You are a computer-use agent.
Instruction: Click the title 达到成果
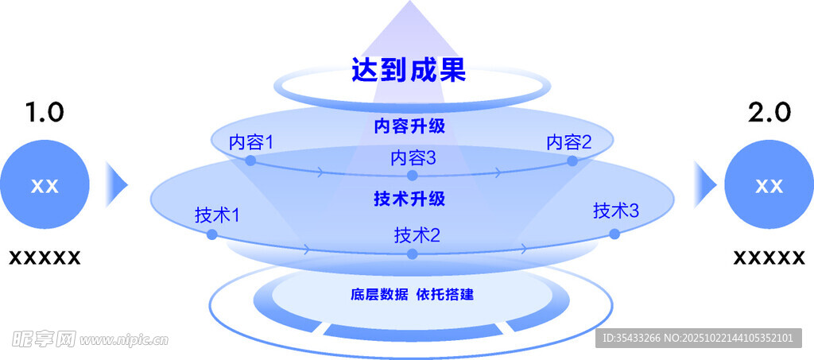pos(409,71)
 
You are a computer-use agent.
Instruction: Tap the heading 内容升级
pos(409,126)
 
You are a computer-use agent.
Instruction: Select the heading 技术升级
pos(409,199)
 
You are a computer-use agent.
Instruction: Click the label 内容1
pos(251,142)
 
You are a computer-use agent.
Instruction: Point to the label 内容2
pos(569,142)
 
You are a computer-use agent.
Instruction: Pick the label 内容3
pos(413,158)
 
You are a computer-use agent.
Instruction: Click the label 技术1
pos(217,215)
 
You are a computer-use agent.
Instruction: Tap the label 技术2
pos(417,234)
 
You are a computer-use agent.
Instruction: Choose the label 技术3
pos(616,211)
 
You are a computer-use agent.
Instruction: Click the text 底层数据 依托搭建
pos(412,295)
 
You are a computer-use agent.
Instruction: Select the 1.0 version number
pos(45,112)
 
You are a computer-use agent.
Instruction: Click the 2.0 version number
pos(769,112)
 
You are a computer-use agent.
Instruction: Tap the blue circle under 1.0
pos(45,185)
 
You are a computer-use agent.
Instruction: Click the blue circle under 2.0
pos(769,185)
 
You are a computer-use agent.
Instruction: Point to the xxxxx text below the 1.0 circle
pos(45,257)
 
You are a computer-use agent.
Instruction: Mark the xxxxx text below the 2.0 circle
pos(769,257)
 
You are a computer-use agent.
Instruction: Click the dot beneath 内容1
pos(250,161)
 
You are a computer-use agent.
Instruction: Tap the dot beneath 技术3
pos(614,234)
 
